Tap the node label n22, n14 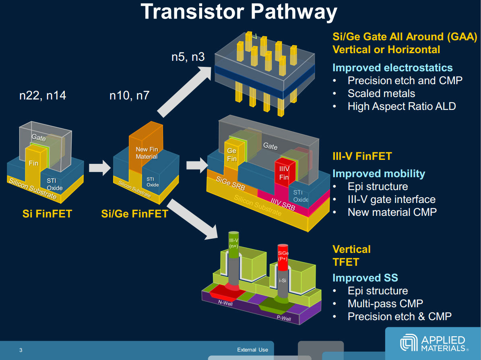click(x=43, y=95)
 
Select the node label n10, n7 click(x=129, y=95)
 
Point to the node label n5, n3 click(x=188, y=57)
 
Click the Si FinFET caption click(x=47, y=213)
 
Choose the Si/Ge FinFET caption click(x=134, y=213)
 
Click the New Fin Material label click(x=147, y=153)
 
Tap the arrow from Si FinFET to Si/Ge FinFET click(x=99, y=167)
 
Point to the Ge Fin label click(x=232, y=154)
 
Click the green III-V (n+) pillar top click(x=234, y=244)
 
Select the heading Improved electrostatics click(x=392, y=68)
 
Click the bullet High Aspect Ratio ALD click(x=401, y=106)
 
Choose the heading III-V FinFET click(x=362, y=156)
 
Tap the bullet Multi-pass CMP click(x=385, y=304)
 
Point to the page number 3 click(x=21, y=350)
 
